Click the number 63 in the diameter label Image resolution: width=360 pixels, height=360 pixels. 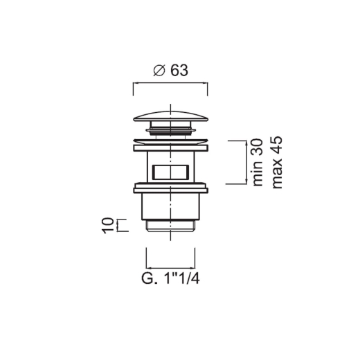(x=179, y=71)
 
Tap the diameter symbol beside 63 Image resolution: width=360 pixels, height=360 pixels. (x=159, y=71)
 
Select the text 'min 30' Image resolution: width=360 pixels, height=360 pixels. (x=258, y=163)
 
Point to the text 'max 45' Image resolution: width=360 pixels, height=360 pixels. (x=277, y=163)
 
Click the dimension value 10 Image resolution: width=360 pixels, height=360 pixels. (x=108, y=226)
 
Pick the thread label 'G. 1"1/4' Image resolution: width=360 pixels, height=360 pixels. (x=170, y=279)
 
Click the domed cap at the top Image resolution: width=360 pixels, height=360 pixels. (x=170, y=116)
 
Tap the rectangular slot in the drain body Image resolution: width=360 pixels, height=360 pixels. (x=170, y=172)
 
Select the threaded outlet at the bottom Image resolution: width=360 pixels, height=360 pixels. (x=170, y=225)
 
